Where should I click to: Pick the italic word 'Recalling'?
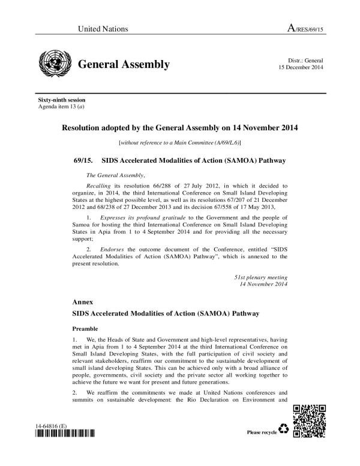(100, 187)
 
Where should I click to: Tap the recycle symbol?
(284, 429)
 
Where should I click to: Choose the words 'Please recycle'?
(262, 432)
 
